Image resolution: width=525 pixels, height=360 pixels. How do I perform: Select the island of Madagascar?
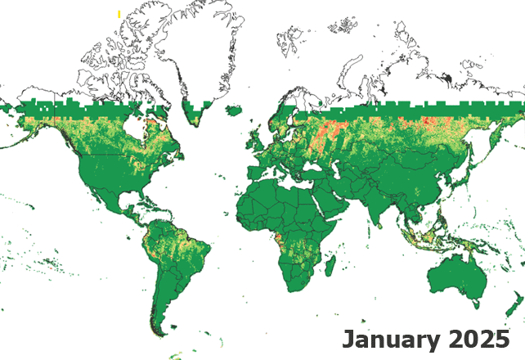(x=330, y=267)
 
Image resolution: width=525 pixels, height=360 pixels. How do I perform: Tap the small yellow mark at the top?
(x=119, y=15)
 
